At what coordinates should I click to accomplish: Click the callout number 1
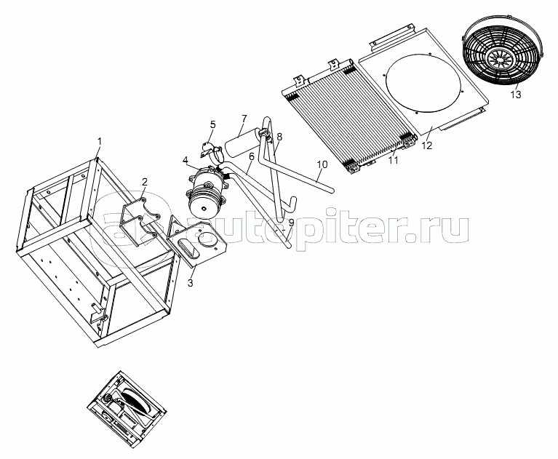[100, 142]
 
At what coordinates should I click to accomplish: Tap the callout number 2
[144, 182]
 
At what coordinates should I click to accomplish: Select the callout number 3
[190, 283]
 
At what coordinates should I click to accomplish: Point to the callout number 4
[186, 161]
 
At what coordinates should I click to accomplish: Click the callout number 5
[213, 124]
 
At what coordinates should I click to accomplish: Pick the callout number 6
[251, 156]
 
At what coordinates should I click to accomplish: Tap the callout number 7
[244, 119]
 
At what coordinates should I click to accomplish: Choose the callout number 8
[279, 136]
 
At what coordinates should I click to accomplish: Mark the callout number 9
[292, 223]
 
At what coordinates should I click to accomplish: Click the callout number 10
[322, 164]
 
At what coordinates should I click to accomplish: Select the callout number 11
[393, 160]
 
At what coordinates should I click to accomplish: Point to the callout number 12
[427, 145]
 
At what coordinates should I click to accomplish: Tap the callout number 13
[516, 95]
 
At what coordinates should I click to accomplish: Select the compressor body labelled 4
[206, 192]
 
